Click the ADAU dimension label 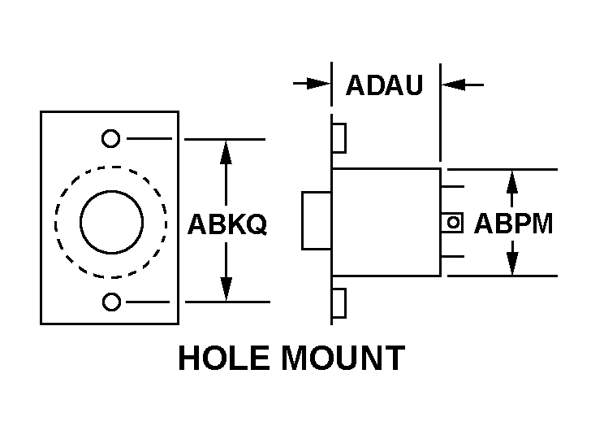pyautogui.click(x=385, y=85)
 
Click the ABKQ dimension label pyautogui.click(x=226, y=224)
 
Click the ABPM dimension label pyautogui.click(x=513, y=224)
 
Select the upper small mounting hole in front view pyautogui.click(x=110, y=138)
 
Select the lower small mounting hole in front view pyautogui.click(x=111, y=302)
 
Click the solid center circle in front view pyautogui.click(x=111, y=221)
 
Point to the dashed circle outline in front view pyautogui.click(x=57, y=221)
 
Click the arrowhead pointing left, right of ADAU pyautogui.click(x=452, y=83)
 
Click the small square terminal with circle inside pyautogui.click(x=453, y=222)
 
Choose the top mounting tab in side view pyautogui.click(x=339, y=138)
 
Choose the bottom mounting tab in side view pyautogui.click(x=339, y=302)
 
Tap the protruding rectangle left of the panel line pyautogui.click(x=316, y=220)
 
